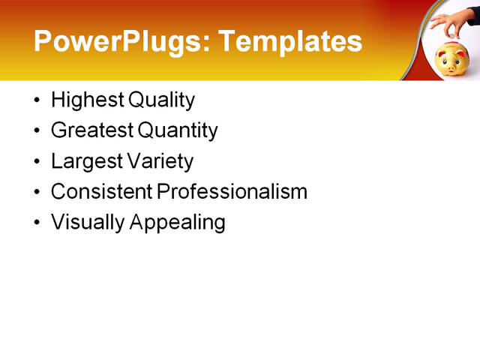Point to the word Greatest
click(x=92, y=130)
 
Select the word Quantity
click(x=178, y=131)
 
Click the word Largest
click(x=85, y=161)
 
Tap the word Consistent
click(x=101, y=191)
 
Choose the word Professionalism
click(x=232, y=192)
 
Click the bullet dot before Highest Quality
click(x=38, y=100)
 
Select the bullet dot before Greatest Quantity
click(x=38, y=131)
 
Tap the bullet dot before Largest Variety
click(x=38, y=162)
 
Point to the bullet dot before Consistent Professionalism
click(x=38, y=193)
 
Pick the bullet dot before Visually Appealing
click(x=38, y=223)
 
